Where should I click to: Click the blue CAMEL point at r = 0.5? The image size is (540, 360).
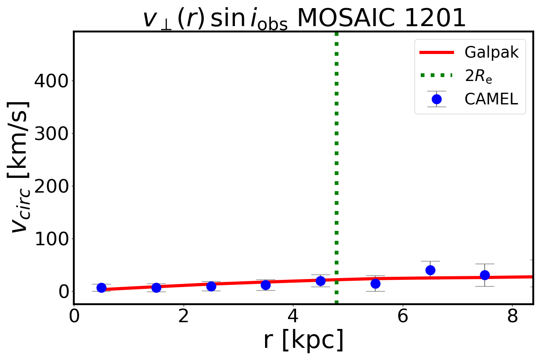click(101, 288)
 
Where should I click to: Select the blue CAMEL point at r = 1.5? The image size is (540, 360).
click(156, 288)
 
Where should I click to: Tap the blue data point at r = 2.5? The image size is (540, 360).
click(211, 286)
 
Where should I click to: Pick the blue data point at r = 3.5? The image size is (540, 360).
click(265, 285)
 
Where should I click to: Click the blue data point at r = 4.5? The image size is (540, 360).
click(320, 281)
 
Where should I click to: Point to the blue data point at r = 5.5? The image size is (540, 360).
click(375, 283)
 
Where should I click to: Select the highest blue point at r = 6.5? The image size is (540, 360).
click(430, 270)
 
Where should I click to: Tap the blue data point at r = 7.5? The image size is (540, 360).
click(485, 275)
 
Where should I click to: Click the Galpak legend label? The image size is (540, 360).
click(492, 53)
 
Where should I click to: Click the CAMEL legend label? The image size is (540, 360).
click(491, 99)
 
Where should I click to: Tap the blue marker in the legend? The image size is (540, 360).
click(436, 99)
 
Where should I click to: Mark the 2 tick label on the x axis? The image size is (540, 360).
click(184, 316)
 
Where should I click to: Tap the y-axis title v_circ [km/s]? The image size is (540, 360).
click(20, 166)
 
